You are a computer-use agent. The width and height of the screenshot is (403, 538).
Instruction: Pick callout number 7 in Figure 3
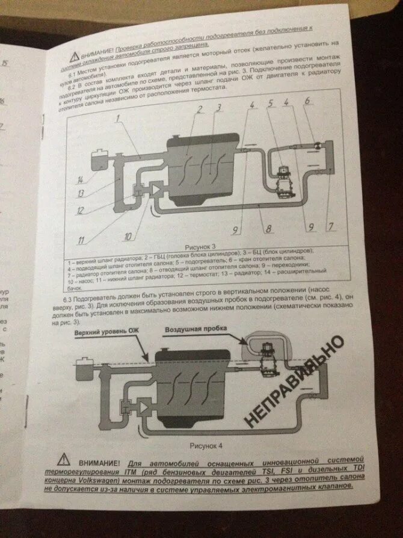coord(330,227)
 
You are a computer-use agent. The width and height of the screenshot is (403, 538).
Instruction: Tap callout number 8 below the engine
coord(269,228)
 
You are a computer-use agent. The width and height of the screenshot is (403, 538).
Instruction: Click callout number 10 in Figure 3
coord(128,237)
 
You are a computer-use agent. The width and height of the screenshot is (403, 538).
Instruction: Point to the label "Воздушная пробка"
coord(196,331)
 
